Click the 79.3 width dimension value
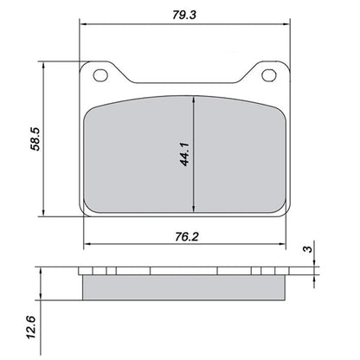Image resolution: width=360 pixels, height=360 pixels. pyautogui.click(x=183, y=13)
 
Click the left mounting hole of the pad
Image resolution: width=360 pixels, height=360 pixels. pyautogui.click(x=100, y=76)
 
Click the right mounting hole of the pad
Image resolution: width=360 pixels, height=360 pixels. pyautogui.click(x=264, y=76)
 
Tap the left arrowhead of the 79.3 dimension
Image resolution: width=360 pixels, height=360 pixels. pyautogui.click(x=83, y=26)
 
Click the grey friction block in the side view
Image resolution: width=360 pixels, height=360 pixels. pyautogui.click(x=183, y=286)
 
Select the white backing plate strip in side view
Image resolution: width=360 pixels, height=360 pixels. pyautogui.click(x=183, y=271)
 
